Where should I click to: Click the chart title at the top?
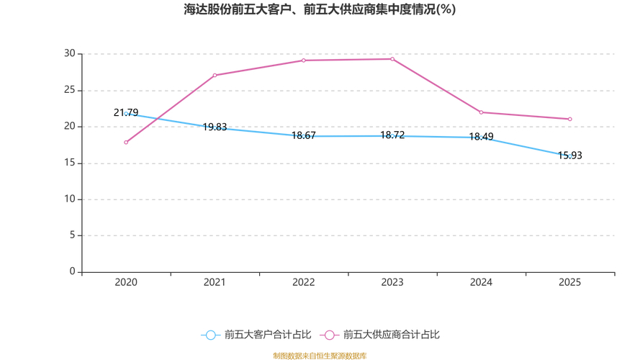320,9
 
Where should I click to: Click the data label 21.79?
126,113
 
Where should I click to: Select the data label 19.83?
215,127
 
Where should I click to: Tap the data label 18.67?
303,135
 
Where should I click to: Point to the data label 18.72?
392,135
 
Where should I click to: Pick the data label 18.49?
481,137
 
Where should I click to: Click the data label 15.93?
569,156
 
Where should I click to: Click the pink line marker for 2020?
126,143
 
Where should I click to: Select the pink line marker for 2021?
215,75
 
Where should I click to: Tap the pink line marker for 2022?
303,60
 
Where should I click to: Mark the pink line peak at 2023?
392,59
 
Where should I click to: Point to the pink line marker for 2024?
481,112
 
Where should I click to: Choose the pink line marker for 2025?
569,119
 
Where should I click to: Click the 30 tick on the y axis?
69,54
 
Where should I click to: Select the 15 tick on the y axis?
69,163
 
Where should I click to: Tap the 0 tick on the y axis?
72,272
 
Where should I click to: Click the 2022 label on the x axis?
303,283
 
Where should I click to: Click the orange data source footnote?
320,356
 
